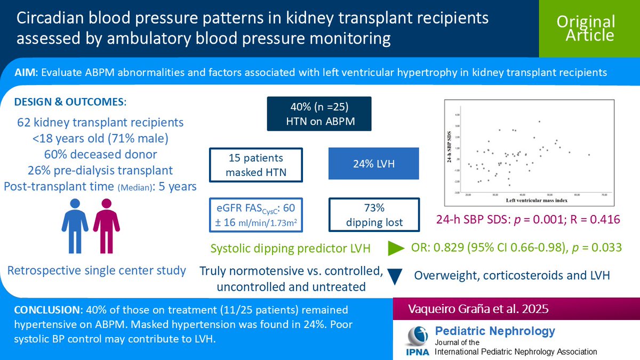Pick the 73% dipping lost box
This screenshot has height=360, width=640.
370,214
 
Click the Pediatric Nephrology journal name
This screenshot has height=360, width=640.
495,331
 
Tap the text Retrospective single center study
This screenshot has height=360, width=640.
97,270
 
